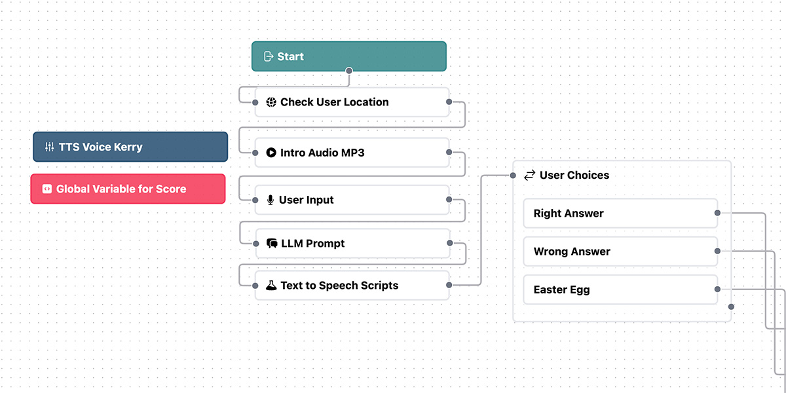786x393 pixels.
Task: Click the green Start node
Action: [x=348, y=56]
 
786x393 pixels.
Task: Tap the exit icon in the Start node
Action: [x=269, y=56]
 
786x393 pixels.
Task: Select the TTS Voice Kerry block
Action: [x=130, y=147]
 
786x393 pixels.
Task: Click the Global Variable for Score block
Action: [x=128, y=189]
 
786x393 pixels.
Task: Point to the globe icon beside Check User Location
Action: [x=271, y=102]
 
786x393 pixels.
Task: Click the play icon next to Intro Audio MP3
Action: [x=271, y=153]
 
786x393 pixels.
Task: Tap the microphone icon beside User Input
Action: [x=270, y=200]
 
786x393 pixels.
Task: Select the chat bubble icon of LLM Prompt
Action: [x=272, y=243]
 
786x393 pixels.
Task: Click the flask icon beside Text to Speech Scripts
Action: [x=271, y=286]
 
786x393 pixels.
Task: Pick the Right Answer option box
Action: [x=620, y=213]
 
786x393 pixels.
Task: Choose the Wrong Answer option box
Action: [x=620, y=252]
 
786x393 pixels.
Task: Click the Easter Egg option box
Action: [x=620, y=290]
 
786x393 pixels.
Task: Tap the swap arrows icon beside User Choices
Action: [x=529, y=175]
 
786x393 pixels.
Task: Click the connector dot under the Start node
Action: [x=348, y=71]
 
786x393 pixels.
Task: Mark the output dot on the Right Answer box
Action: [x=717, y=213]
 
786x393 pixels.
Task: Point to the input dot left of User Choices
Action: [x=513, y=176]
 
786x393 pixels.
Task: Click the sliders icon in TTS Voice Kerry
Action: [x=50, y=147]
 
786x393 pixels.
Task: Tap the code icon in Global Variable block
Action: [x=47, y=189]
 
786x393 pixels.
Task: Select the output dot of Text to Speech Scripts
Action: [x=449, y=285]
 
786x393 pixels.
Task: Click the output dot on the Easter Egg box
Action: [x=717, y=289]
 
